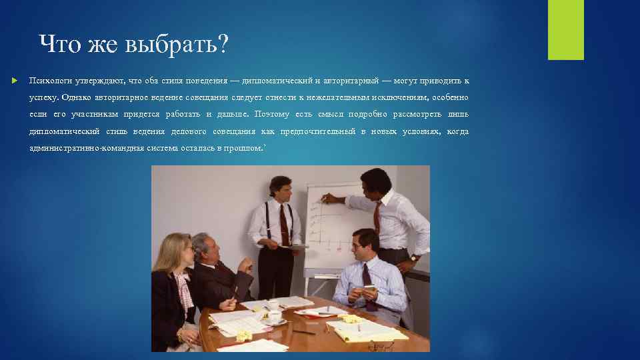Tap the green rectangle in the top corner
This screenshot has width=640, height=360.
coord(565,30)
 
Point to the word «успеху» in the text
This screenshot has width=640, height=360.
coord(43,97)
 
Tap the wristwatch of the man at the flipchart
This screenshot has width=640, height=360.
coord(414,257)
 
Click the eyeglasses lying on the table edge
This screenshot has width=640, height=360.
coord(382,345)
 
